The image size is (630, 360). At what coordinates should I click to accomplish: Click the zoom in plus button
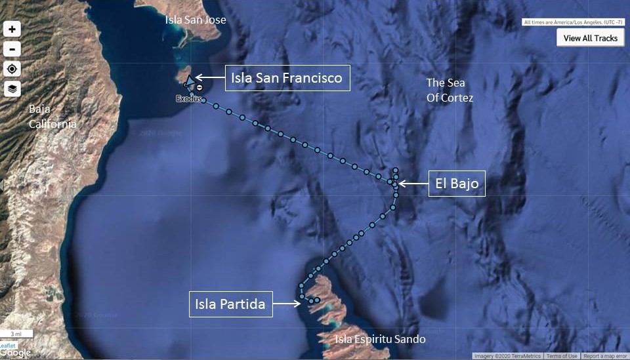12,30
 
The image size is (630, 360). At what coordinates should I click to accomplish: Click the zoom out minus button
12,49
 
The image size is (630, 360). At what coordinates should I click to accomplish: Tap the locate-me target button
12,69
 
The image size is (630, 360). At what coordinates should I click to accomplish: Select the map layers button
12,89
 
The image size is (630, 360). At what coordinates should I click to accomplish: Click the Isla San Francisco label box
287,78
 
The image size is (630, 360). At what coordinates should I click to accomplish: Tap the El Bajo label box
457,184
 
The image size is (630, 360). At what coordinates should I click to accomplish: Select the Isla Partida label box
230,304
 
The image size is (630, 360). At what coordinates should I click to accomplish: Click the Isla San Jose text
196,20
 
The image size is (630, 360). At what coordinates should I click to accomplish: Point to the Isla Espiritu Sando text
380,339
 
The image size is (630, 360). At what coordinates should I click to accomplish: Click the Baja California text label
52,116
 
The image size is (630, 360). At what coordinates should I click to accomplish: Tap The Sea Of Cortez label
450,90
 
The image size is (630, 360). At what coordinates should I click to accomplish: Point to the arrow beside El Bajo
412,184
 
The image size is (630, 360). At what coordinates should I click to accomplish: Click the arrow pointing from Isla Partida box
287,304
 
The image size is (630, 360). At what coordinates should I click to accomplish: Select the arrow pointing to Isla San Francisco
209,78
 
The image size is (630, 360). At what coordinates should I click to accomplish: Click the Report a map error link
605,356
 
